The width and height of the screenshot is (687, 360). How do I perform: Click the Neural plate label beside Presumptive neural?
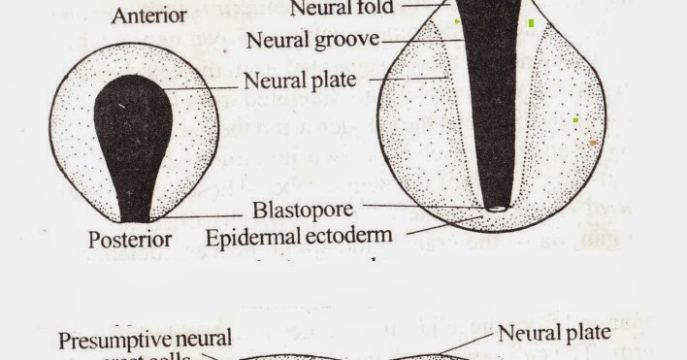click(x=554, y=333)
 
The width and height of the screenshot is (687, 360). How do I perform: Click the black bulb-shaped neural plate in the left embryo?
click(x=133, y=126)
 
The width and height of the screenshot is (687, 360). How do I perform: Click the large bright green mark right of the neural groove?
click(x=531, y=21)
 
